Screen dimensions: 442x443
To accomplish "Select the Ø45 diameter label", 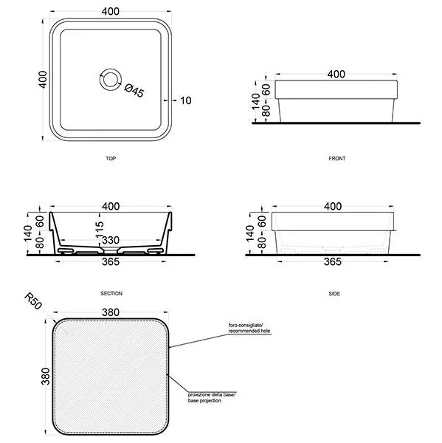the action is coord(134,90).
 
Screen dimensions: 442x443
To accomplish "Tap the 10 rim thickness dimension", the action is coord(185,100).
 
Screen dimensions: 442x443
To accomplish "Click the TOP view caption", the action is coord(111,159).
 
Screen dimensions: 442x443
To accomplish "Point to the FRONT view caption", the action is coord(337,159).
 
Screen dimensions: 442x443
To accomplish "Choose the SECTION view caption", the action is coord(111,294).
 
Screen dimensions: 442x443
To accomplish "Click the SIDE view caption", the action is coord(334,294).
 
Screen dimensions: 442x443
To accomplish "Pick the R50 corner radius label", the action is coord(33,301).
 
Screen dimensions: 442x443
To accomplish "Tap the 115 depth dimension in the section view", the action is coord(100,229).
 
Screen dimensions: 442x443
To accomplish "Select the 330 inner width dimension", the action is coord(111,241).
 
